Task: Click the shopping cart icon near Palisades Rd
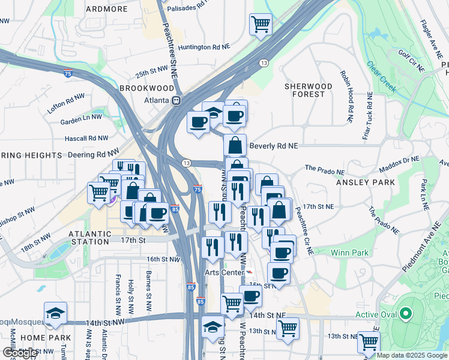pos(261,25)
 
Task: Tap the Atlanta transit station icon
pos(177,101)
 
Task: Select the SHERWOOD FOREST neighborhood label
pos(308,90)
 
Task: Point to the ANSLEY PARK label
pos(365,182)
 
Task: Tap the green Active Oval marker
pos(406,314)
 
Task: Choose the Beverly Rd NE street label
pos(273,146)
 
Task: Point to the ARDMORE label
pos(107,9)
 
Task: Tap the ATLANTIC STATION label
pos(90,238)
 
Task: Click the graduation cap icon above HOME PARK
pos(55,313)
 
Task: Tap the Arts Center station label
pos(223,272)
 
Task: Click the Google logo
pos(20,353)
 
